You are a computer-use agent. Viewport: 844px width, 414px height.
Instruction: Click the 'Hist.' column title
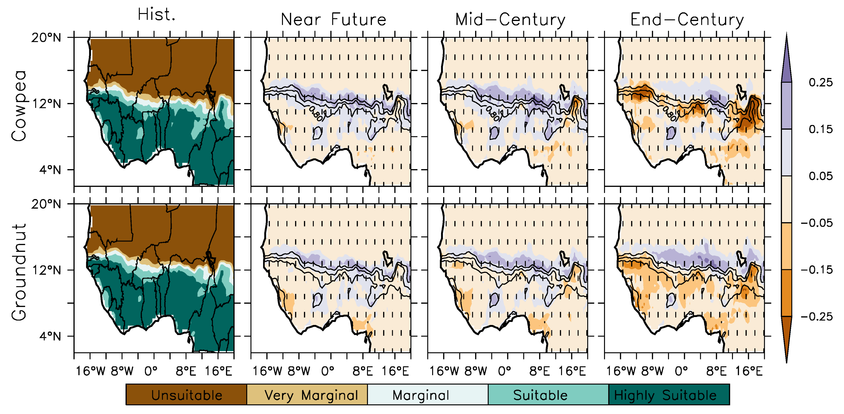[156, 14]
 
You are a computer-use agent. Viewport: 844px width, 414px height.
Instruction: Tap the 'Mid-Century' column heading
[510, 20]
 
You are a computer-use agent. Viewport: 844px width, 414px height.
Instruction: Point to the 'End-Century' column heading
[687, 20]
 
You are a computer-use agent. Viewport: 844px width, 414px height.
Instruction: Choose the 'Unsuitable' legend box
[186, 395]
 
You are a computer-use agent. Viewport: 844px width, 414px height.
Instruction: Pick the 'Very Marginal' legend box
[307, 395]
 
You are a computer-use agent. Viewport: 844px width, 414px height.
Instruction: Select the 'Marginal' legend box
[428, 395]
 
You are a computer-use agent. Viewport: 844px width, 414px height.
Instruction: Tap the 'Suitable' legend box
[548, 395]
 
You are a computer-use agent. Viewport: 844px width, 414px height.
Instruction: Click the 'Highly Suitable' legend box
[669, 395]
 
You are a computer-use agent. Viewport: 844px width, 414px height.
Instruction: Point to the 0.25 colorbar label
[820, 82]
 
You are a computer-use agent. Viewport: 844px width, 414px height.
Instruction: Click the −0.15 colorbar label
[816, 270]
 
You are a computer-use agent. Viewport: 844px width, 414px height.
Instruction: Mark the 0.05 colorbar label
[820, 176]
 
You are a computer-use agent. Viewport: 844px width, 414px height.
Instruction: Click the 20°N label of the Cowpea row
[46, 38]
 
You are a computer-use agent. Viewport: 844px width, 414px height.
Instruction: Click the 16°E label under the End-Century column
[749, 371]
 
